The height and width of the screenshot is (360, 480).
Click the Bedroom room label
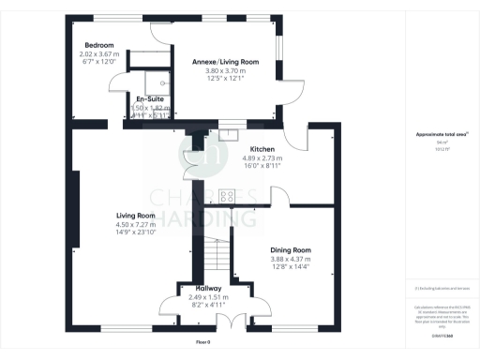tap(98, 46)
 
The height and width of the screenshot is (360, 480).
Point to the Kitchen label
tap(262, 148)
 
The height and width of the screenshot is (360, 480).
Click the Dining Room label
tap(290, 250)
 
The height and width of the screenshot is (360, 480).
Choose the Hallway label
tap(208, 288)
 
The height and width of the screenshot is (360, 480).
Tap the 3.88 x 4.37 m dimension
tap(290, 259)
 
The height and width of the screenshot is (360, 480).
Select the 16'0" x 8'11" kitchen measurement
tap(262, 166)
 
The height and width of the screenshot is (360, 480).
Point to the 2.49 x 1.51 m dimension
tap(208, 296)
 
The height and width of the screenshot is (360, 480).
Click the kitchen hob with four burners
tap(226, 196)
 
